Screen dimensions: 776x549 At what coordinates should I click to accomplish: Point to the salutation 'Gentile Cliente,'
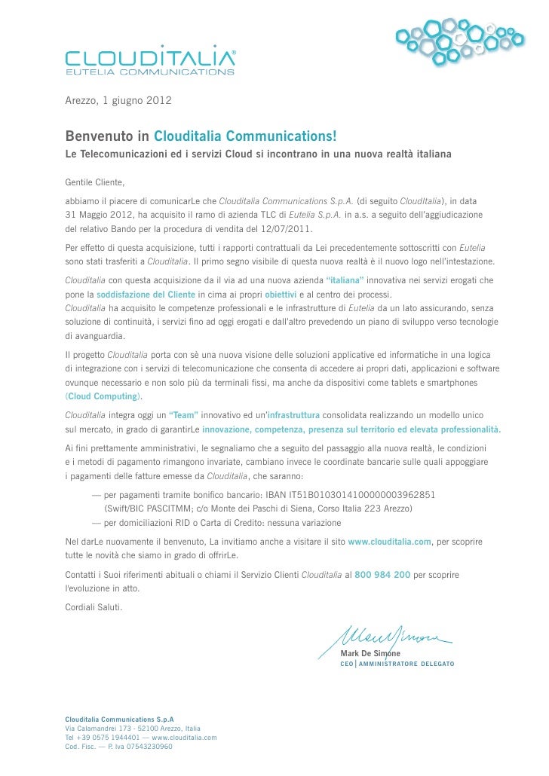(x=94, y=183)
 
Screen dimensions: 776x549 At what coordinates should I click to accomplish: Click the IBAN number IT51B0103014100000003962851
(x=365, y=494)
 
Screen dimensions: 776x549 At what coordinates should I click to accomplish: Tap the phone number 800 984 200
(x=382, y=574)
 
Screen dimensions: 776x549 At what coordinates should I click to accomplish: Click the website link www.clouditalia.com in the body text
(x=389, y=542)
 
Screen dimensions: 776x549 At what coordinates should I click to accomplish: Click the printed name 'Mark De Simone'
(x=370, y=652)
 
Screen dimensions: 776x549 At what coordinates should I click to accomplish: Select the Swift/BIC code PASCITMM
(x=160, y=508)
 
